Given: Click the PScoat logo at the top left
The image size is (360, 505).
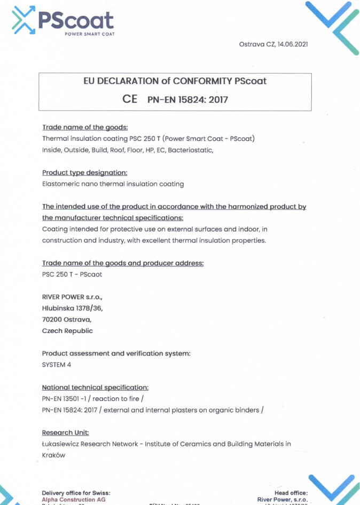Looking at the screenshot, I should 62,20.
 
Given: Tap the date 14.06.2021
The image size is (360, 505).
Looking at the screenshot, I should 292,44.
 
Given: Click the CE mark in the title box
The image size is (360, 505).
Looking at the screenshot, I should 130,99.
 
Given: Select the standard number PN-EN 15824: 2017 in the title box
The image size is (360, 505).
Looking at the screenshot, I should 187,99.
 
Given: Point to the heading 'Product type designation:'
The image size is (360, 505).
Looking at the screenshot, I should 84,172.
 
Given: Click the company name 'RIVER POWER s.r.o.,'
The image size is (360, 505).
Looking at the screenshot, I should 72,296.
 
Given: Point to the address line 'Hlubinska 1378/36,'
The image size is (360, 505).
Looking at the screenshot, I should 72,308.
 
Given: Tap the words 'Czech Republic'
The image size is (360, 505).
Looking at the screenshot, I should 67,331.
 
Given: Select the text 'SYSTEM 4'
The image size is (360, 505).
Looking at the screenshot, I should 56,365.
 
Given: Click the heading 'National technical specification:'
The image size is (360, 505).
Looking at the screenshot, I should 95,387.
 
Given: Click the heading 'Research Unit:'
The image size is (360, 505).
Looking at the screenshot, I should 65,432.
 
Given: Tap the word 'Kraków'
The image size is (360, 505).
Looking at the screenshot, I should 53,455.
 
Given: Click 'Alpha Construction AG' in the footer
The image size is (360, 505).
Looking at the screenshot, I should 73,499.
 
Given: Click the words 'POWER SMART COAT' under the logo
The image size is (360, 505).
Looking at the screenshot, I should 89,34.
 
